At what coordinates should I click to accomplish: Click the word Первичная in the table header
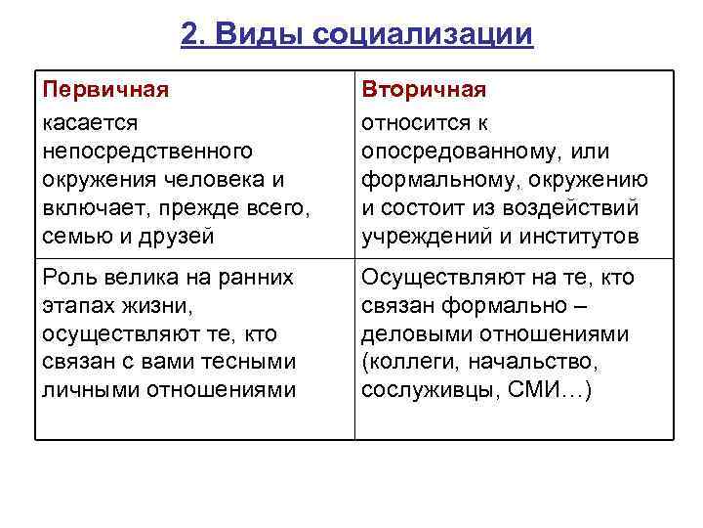[105, 90]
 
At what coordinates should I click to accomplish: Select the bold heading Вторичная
[424, 90]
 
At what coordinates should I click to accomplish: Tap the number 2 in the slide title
[189, 35]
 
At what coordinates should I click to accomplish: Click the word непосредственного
[147, 151]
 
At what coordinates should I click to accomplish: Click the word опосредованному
[460, 152]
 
